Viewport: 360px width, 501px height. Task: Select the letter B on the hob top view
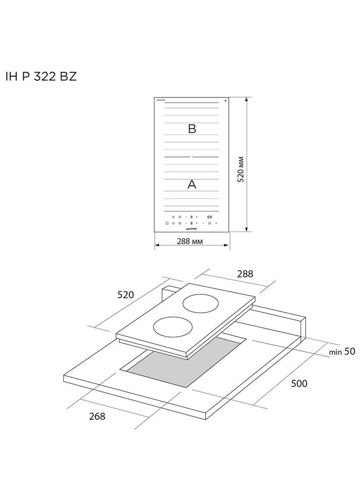click(191, 129)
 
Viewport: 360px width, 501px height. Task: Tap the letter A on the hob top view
click(191, 185)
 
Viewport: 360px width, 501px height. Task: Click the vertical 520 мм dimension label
click(241, 169)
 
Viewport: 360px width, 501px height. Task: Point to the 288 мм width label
click(191, 241)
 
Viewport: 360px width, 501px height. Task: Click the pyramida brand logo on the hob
click(191, 229)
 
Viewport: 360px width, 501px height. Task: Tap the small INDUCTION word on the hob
click(161, 101)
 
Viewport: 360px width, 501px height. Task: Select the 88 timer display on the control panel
click(210, 217)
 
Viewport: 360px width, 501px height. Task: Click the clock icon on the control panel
click(210, 223)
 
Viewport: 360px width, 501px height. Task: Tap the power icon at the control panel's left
click(167, 223)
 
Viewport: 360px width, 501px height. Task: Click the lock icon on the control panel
click(173, 217)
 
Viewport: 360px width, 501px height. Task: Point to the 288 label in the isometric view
click(245, 274)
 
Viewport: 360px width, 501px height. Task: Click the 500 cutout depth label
click(299, 383)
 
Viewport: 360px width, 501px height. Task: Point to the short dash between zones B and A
click(191, 157)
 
